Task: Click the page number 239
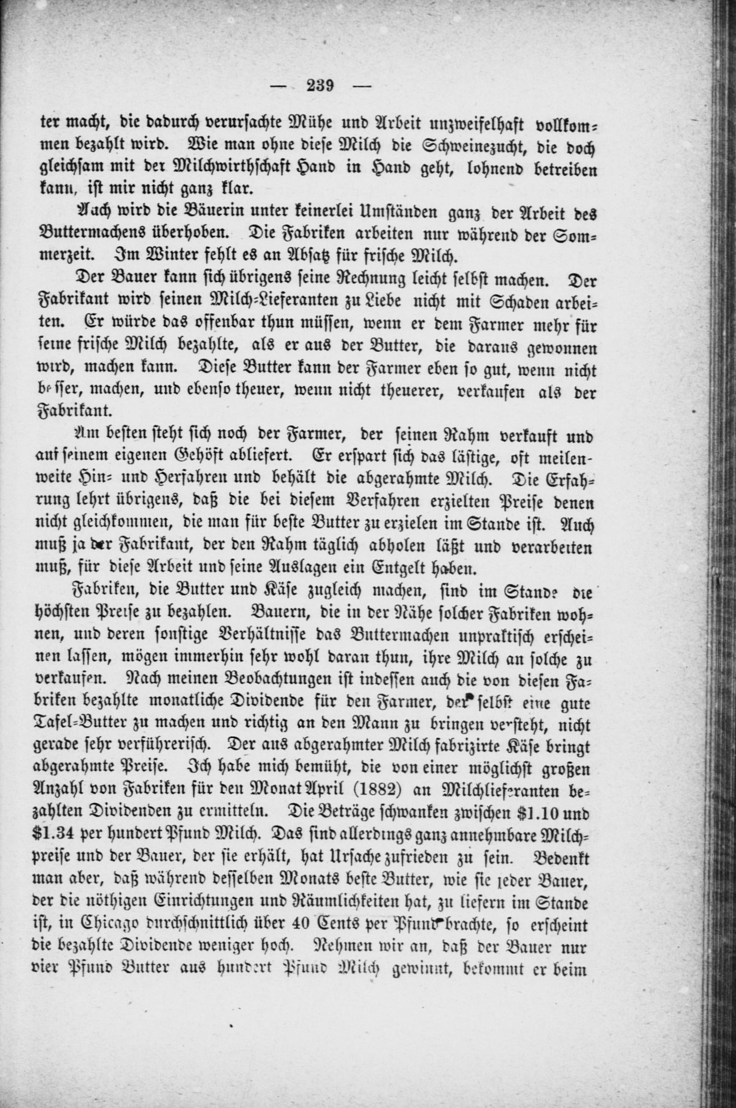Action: coord(320,86)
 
